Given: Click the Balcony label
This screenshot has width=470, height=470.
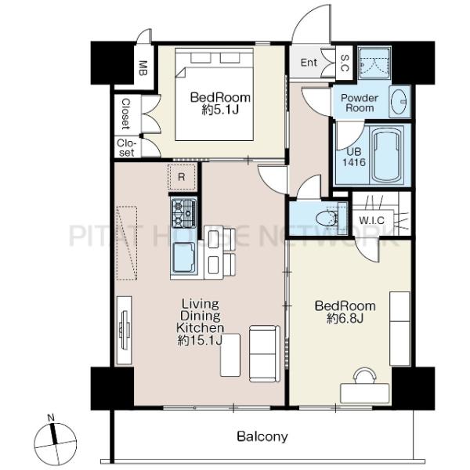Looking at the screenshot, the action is click(x=262, y=436).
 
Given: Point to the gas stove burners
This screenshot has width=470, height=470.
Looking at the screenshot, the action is click(x=184, y=213).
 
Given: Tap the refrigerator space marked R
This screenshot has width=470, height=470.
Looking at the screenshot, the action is click(x=182, y=177).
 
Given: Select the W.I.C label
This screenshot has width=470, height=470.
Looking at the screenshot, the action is click(x=371, y=221).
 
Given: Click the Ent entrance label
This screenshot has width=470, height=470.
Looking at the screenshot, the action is click(x=309, y=63).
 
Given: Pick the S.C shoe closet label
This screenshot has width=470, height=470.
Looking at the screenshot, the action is click(x=345, y=63).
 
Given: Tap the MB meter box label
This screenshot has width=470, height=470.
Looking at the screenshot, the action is click(x=143, y=68).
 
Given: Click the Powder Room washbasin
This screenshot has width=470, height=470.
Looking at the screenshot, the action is click(x=399, y=102).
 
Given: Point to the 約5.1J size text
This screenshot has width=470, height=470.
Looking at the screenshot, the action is click(x=220, y=110).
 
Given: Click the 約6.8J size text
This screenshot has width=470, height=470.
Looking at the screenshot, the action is click(x=345, y=319).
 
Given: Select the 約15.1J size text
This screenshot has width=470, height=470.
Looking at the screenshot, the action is click(x=200, y=341).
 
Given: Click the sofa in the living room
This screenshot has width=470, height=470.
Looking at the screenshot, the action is click(x=265, y=354).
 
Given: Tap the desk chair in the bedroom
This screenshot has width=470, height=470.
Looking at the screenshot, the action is click(x=364, y=375).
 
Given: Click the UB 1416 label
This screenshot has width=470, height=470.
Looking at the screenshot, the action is click(x=354, y=157).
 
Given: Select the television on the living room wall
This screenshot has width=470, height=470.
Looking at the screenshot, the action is click(x=125, y=331).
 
